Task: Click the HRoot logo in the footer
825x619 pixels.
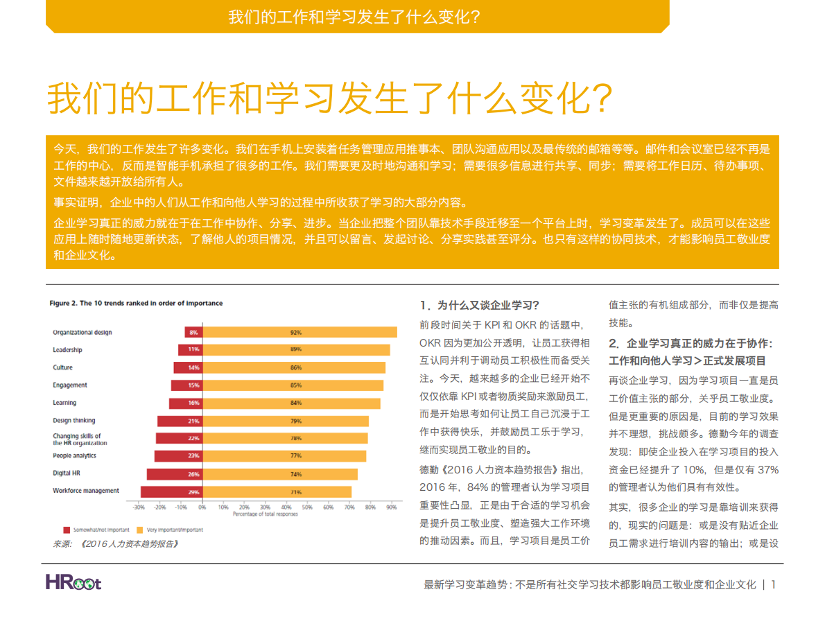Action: point(73,582)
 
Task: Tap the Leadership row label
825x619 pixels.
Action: point(67,350)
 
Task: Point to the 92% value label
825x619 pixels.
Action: point(296,333)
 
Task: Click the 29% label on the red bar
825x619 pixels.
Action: point(193,492)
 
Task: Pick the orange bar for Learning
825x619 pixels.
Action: point(290,403)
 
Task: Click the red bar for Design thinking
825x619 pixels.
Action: point(179,421)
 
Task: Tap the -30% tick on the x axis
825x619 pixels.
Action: point(139,507)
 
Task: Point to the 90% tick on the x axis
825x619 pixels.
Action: point(391,507)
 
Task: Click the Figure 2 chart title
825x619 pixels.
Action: point(136,304)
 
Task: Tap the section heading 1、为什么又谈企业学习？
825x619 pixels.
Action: point(480,305)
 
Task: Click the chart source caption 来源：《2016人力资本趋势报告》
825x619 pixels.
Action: point(115,544)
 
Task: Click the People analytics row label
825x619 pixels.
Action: point(74,456)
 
